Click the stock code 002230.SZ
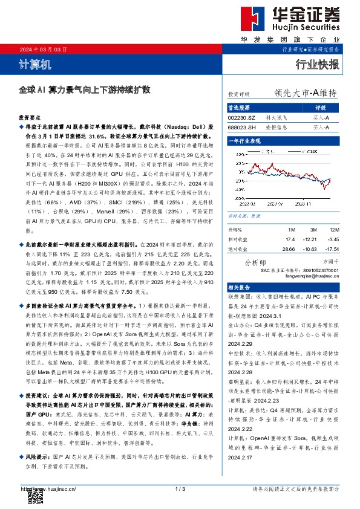click(241, 117)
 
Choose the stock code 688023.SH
click(241, 128)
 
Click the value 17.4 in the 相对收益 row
click(290, 239)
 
